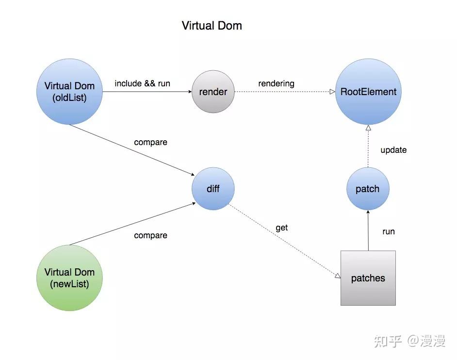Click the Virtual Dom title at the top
212,26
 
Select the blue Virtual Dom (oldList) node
69,92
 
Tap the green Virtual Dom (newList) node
69,278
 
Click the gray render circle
213,92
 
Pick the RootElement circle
368,92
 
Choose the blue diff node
213,189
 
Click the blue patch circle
368,189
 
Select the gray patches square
368,278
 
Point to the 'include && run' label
142,83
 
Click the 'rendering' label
276,83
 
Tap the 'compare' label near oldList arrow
150,142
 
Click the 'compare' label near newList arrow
150,235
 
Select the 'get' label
281,228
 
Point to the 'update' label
393,150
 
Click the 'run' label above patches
389,231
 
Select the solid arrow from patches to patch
368,230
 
